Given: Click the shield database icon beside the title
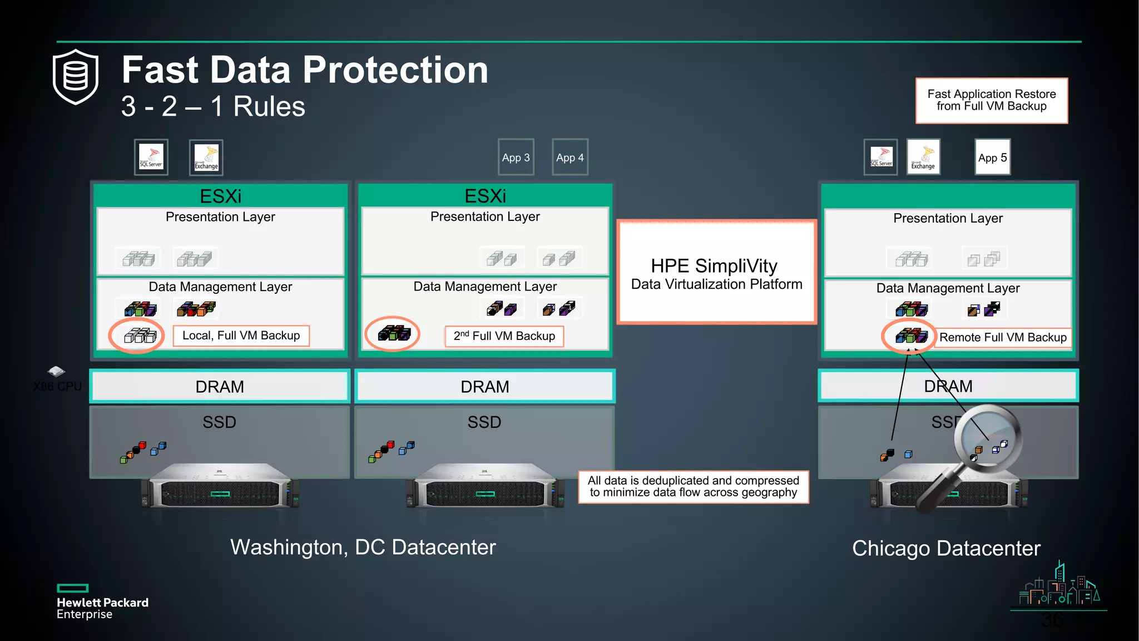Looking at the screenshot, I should [x=76, y=77].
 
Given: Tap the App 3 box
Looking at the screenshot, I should [x=516, y=157].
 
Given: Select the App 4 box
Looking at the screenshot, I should [x=570, y=157].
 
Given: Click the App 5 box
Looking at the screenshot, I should [x=992, y=157].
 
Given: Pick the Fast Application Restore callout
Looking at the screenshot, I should [x=992, y=100].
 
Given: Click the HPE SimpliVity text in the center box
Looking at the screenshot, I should [x=714, y=266].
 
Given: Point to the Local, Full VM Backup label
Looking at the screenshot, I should [x=241, y=336].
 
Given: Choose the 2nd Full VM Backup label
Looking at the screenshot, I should [x=504, y=336].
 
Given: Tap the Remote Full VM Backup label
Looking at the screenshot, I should [x=1003, y=337].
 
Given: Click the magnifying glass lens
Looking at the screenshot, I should [x=988, y=438].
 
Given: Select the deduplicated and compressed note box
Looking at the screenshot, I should [x=693, y=486].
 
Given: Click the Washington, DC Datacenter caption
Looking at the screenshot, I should [x=363, y=547].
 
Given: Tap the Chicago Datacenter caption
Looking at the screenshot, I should [x=946, y=548].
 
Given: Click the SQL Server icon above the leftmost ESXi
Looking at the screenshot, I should [x=151, y=157].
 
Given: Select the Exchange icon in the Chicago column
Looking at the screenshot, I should [x=923, y=157].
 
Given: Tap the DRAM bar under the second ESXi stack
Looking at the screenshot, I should [x=484, y=386].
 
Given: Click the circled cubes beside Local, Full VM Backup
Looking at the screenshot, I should [x=138, y=335].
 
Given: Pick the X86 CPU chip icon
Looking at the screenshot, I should [x=56, y=371].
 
